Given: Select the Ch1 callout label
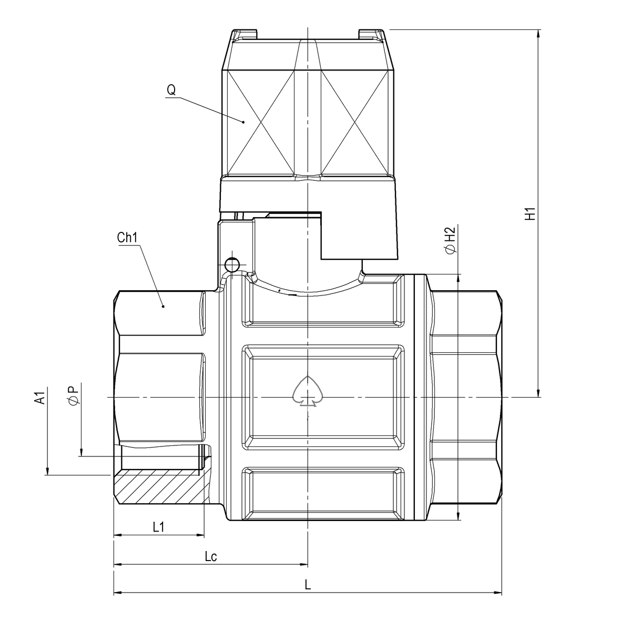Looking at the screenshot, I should [x=127, y=238].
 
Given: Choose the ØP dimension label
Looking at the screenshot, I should [x=73, y=395].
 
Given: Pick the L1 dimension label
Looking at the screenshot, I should [x=159, y=527].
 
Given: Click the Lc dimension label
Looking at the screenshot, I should [x=210, y=556].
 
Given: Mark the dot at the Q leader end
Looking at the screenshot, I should [x=243, y=122].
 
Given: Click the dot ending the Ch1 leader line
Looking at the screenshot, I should [x=163, y=306].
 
